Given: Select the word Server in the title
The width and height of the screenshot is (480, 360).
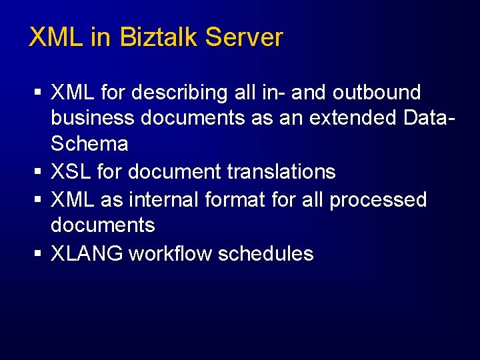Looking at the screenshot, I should [244, 37].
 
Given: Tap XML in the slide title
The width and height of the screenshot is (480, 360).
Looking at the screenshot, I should [56, 37].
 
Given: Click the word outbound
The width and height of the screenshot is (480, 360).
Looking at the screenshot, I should [377, 92].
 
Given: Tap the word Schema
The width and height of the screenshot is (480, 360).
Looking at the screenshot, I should [89, 143].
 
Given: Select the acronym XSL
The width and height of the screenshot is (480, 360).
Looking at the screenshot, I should [71, 171].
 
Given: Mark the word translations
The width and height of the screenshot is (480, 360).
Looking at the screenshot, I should [281, 171].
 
